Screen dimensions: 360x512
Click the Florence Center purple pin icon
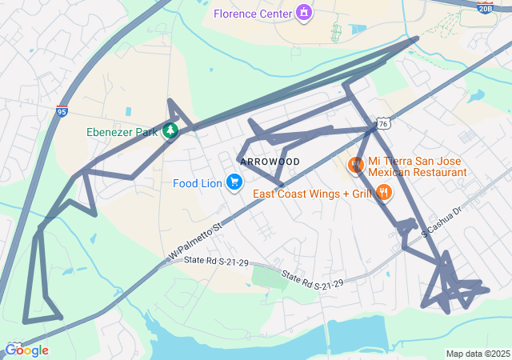[x=303, y=13]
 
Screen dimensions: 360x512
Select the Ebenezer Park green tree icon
[x=170, y=131]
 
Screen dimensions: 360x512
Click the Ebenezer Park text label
[x=122, y=132]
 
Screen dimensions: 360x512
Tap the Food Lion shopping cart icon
[x=234, y=183]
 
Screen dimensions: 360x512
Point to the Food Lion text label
[x=197, y=183]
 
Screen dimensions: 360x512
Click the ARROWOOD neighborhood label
[x=270, y=162]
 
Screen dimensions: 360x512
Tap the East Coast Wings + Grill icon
[x=384, y=192]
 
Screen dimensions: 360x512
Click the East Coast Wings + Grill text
[x=313, y=194]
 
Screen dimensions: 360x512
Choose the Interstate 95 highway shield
[x=62, y=113]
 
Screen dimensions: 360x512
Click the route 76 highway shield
[x=384, y=124]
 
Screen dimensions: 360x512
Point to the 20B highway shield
[x=485, y=8]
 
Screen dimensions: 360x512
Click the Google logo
[x=26, y=350]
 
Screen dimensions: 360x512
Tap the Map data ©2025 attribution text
[x=478, y=354]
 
